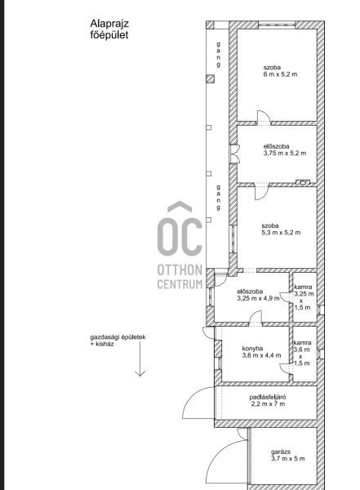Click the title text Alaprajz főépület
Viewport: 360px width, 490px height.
pyautogui.click(x=109, y=29)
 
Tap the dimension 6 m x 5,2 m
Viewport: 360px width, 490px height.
pyautogui.click(x=280, y=74)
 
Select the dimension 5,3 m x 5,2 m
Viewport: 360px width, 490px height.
pyautogui.click(x=281, y=233)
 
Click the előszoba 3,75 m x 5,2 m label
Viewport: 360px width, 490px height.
pyautogui.click(x=285, y=149)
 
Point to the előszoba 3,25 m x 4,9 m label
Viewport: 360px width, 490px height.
pyautogui.click(x=259, y=295)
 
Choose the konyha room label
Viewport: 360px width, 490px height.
pyautogui.click(x=252, y=349)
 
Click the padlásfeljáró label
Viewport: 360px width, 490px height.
pyautogui.click(x=268, y=397)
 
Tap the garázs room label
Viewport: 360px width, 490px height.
pyautogui.click(x=281, y=452)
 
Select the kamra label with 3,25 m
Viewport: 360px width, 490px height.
pyautogui.click(x=304, y=297)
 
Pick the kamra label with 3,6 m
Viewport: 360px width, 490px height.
pyautogui.click(x=302, y=353)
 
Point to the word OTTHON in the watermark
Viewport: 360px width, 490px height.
pyautogui.click(x=180, y=270)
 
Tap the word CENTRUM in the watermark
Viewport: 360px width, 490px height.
pyautogui.click(x=180, y=284)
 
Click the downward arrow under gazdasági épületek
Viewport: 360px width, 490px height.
pyautogui.click(x=140, y=359)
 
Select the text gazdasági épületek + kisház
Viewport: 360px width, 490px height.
pyautogui.click(x=118, y=341)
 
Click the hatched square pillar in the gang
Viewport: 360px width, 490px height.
pyautogui.click(x=211, y=78)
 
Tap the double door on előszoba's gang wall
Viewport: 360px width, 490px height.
pyautogui.click(x=234, y=154)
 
